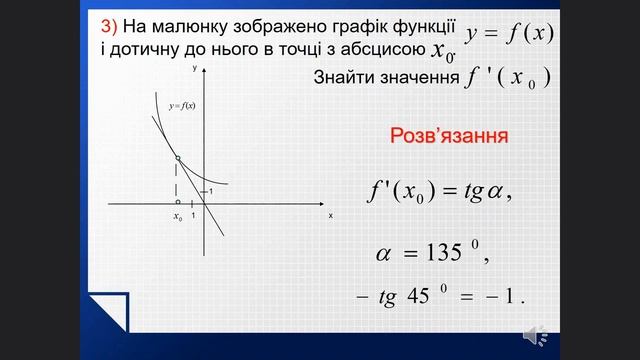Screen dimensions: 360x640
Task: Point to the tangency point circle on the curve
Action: (x=177, y=159)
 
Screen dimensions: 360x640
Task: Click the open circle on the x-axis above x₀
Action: (x=177, y=202)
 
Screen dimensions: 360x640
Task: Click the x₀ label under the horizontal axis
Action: (x=177, y=216)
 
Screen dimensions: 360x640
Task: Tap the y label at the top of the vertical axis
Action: (x=196, y=68)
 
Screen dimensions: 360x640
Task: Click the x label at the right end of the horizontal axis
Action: (x=329, y=215)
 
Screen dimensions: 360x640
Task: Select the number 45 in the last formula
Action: (x=418, y=298)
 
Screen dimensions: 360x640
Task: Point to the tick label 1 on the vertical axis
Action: (x=210, y=191)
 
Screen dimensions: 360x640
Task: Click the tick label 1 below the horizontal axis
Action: (x=192, y=216)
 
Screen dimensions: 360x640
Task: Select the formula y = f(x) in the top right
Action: (x=509, y=32)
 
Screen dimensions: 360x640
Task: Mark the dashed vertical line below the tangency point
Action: (x=177, y=181)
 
